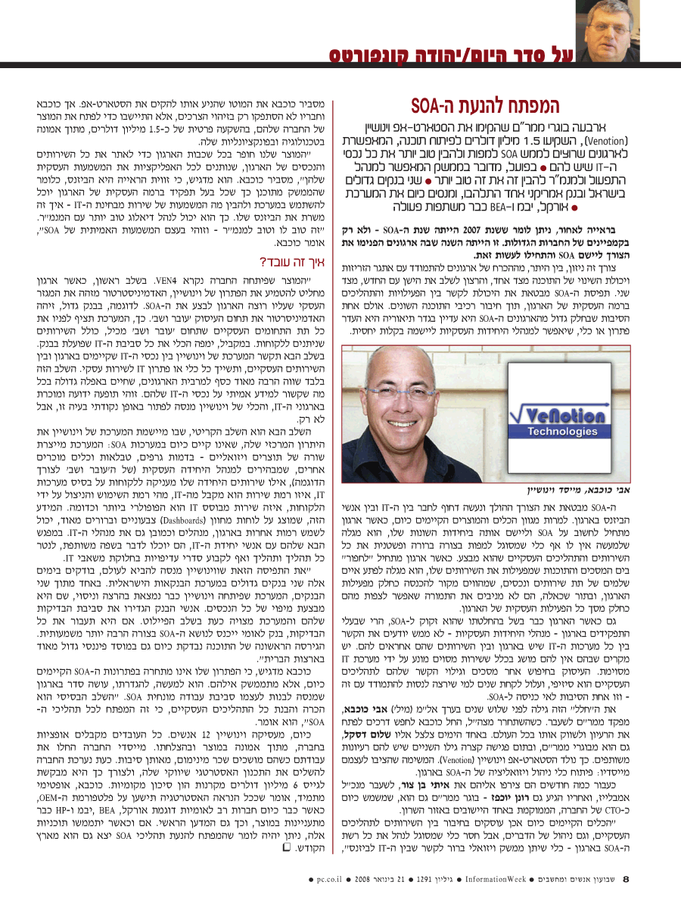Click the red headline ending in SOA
tap(496, 105)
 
